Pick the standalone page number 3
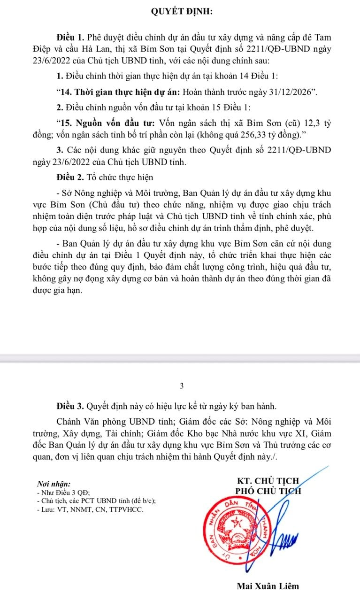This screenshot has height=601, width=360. pos(182,386)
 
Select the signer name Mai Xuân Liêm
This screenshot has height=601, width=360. pos(268,586)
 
